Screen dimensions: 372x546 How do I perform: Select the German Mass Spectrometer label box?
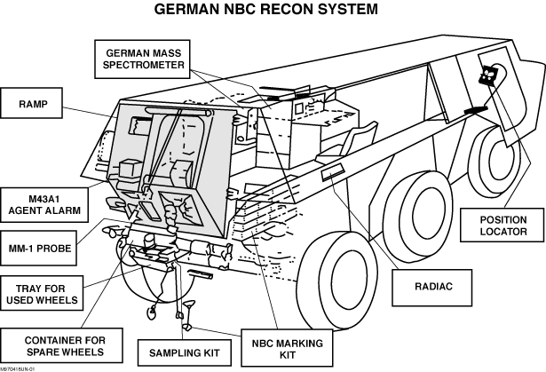click(x=145, y=59)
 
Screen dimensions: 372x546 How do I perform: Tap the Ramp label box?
click(x=32, y=104)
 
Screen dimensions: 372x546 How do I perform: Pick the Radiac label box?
click(x=434, y=287)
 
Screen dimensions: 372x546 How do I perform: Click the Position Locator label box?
click(x=503, y=226)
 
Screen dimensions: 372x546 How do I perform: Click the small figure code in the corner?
click(x=18, y=368)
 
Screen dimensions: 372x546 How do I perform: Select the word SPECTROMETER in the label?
click(x=145, y=65)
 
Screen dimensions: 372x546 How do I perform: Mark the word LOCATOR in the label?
click(x=503, y=232)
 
